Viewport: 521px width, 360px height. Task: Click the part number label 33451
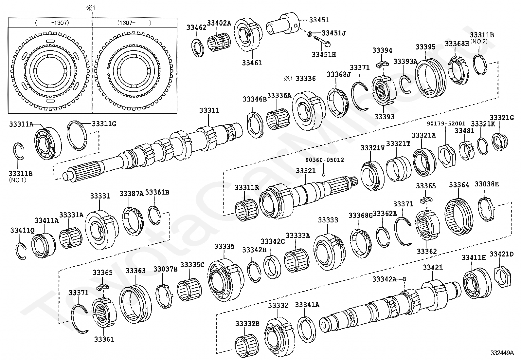[319, 20]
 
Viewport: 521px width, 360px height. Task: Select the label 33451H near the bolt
[323, 55]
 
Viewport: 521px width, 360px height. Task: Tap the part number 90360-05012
[325, 160]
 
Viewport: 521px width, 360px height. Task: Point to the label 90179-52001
[446, 123]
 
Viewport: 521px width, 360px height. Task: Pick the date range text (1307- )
[134, 23]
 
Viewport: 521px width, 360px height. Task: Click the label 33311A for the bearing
[21, 124]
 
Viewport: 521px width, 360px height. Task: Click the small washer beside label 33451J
[310, 34]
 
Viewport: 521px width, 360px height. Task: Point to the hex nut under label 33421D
[501, 277]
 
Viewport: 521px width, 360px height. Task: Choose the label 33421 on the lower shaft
[433, 267]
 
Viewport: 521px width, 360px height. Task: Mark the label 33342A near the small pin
[384, 279]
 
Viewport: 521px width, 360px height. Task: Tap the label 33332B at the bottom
[247, 324]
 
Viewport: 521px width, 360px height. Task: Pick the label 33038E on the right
[487, 184]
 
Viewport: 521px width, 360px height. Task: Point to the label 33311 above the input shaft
[209, 111]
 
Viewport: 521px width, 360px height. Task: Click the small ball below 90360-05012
[323, 174]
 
